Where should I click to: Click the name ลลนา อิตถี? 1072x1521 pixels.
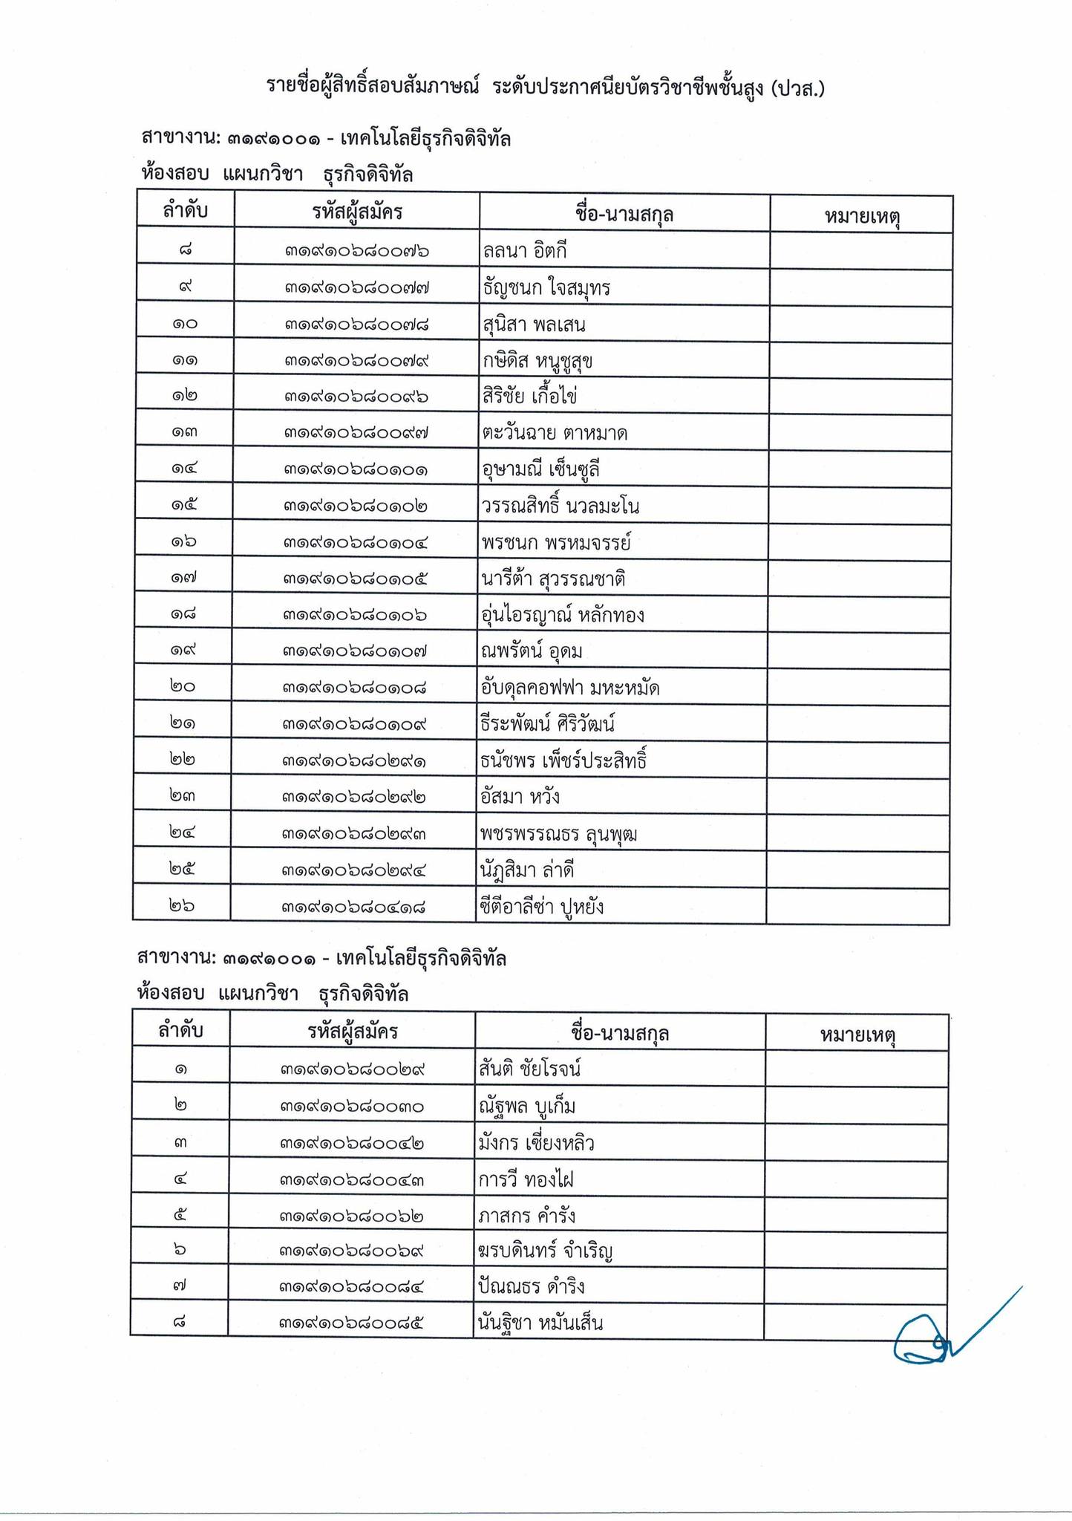524,252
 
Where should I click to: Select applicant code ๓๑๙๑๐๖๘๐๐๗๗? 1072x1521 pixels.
356,288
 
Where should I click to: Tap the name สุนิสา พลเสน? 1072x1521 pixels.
534,325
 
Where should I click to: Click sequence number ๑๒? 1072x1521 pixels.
183,397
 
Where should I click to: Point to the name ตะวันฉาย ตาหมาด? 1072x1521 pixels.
554,433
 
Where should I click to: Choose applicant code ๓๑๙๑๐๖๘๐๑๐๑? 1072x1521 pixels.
356,469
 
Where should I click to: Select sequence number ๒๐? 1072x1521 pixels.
182,688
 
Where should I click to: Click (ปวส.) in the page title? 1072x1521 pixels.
798,88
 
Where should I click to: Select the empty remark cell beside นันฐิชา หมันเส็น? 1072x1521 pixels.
855,1323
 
